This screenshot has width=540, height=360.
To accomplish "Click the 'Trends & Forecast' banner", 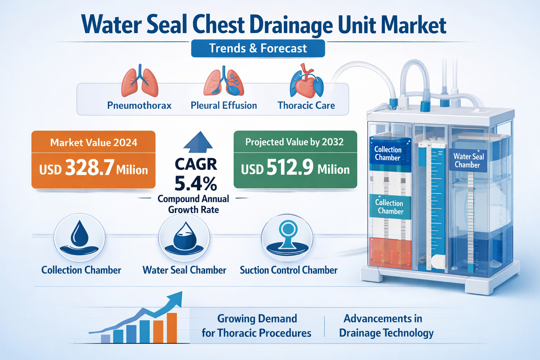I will click(258, 48).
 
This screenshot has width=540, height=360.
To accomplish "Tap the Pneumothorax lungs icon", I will click(140, 82).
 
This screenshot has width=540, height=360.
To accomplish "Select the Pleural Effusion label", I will click(224, 105).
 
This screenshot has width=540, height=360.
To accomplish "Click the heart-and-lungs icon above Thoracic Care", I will click(306, 82).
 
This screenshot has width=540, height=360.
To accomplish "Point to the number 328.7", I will click(90, 168).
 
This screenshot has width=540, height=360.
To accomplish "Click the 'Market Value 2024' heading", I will click(94, 142).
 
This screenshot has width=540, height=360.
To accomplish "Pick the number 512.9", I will click(290, 167).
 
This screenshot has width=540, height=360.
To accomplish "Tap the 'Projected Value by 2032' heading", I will click(295, 142).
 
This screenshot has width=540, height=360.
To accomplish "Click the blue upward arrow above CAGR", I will click(198, 142).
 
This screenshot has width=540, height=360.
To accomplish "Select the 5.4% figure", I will click(196, 183).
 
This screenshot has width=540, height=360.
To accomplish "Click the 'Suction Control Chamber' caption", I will click(289, 270).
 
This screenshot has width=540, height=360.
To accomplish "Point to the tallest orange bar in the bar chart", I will click(172, 328).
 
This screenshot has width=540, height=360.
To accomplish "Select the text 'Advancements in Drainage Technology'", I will click(386, 326).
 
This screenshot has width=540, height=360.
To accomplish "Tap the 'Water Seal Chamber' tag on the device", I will click(468, 161).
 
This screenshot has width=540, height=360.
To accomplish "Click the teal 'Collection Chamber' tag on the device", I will click(389, 207).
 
